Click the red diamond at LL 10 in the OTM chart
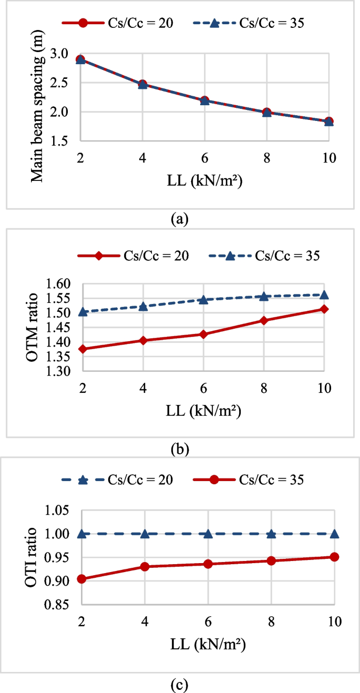coord(324,309)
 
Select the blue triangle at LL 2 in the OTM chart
coord(82,312)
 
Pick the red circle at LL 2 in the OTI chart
coord(82,579)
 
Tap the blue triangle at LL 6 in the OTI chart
coord(208,534)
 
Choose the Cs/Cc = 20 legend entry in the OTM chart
coord(133,256)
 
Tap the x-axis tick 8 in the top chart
coord(267,157)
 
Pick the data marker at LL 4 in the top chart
coord(142,84)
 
